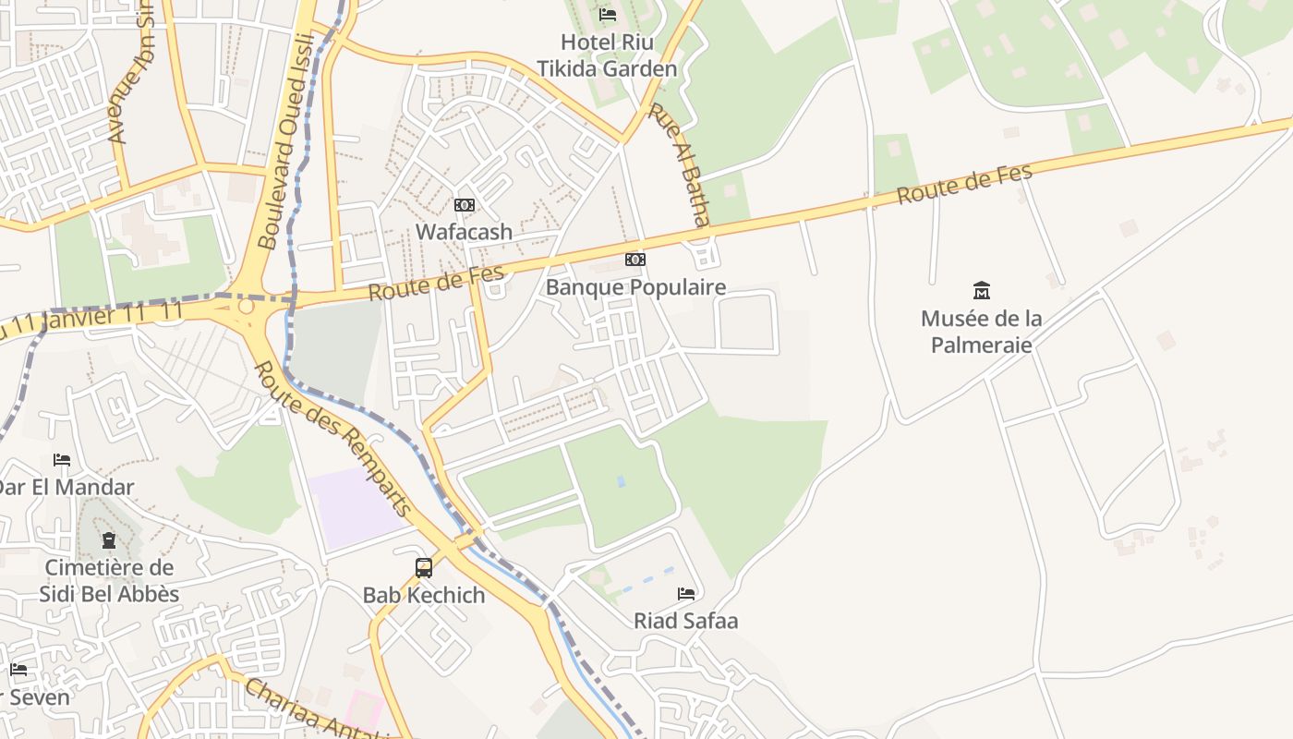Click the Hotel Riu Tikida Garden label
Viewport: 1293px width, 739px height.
click(x=607, y=55)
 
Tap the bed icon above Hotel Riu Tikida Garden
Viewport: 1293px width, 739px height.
click(x=608, y=15)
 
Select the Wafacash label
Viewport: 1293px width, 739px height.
click(x=464, y=232)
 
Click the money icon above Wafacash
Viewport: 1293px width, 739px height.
click(x=465, y=205)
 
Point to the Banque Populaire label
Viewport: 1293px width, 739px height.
click(x=635, y=287)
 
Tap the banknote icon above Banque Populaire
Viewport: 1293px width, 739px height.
click(x=635, y=260)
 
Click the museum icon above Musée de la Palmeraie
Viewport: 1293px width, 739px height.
click(x=982, y=291)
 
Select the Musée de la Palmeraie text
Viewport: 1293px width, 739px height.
click(x=981, y=332)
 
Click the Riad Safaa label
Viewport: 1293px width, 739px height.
click(x=685, y=621)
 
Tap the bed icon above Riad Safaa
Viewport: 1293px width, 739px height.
click(x=686, y=593)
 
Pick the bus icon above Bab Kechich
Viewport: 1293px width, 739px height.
click(x=424, y=567)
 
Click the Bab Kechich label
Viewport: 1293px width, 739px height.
click(x=424, y=595)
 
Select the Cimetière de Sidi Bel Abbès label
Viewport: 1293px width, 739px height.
click(x=109, y=580)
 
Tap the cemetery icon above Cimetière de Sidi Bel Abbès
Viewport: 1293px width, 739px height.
click(x=109, y=540)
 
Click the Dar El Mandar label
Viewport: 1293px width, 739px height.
click(x=66, y=487)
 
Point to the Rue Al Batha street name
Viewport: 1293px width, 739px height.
click(x=679, y=164)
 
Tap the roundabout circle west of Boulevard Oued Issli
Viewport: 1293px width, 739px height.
click(x=246, y=306)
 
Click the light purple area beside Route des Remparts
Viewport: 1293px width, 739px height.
click(x=356, y=507)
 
